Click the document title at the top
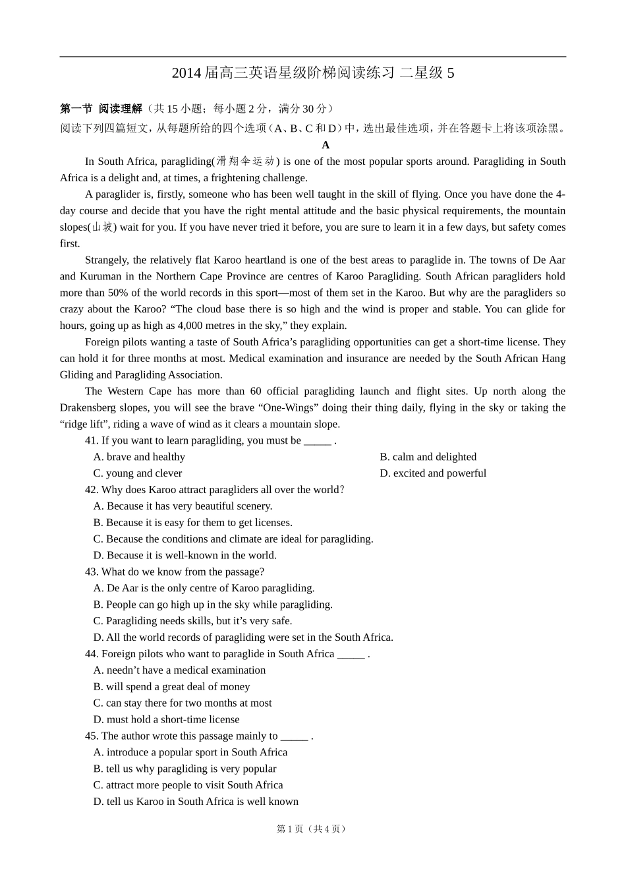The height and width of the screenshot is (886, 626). (x=312, y=73)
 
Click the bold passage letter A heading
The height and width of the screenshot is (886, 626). (x=326, y=145)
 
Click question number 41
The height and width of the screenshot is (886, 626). (x=92, y=440)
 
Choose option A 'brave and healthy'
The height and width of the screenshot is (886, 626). (x=139, y=457)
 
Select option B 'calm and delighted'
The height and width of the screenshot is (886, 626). (x=428, y=457)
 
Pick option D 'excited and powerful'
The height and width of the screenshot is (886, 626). (x=433, y=473)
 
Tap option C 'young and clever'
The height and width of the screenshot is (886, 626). (x=138, y=473)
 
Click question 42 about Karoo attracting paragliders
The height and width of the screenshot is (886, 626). (x=215, y=490)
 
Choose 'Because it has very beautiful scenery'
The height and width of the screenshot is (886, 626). (x=183, y=506)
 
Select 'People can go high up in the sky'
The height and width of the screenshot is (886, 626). (x=213, y=605)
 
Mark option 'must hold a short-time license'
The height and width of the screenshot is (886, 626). (x=166, y=719)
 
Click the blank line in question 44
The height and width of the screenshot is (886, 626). (x=351, y=655)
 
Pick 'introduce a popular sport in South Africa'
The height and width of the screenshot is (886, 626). (x=190, y=752)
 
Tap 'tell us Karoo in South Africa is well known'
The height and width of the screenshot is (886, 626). (x=196, y=802)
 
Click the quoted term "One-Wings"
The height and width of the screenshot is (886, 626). (x=292, y=408)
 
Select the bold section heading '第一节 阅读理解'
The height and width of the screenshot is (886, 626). (x=101, y=109)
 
